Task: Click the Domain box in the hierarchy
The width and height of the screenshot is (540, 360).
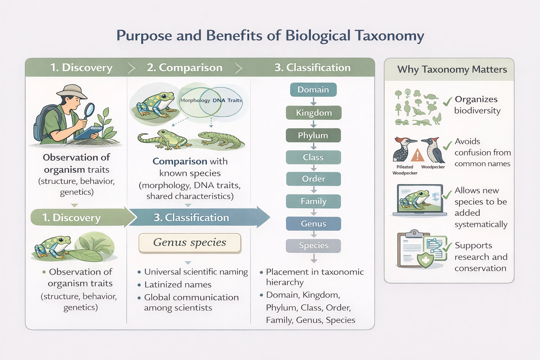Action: click(313, 90)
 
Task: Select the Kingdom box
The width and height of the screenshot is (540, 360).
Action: click(313, 113)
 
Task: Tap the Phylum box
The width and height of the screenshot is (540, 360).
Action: click(313, 135)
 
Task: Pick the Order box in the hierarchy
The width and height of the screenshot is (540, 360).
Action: click(313, 179)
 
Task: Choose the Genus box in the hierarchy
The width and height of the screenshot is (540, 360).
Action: click(313, 224)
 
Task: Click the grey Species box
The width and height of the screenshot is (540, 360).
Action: click(313, 246)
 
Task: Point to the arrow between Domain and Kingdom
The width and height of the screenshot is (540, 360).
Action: click(313, 101)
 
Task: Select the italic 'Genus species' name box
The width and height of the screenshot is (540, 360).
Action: click(190, 243)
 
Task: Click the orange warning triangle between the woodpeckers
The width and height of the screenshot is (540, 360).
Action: click(417, 155)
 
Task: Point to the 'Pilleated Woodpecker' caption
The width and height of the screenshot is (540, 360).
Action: click(405, 170)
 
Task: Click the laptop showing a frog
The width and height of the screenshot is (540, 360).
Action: click(419, 200)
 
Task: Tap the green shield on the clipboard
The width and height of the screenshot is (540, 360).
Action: click(425, 259)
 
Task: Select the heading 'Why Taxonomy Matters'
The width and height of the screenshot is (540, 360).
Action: click(452, 70)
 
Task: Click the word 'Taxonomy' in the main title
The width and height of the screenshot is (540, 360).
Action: click(389, 36)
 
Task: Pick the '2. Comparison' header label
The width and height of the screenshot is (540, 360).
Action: click(185, 67)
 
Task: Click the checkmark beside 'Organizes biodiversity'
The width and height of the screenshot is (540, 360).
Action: click(447, 102)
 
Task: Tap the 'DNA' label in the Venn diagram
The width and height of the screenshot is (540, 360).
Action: click(219, 101)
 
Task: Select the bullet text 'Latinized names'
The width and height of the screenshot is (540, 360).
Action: click(178, 284)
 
